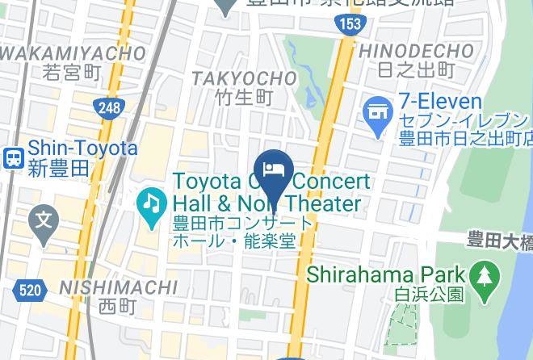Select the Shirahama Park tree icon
coord(485,274)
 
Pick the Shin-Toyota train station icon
coord(12,157)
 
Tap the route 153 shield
coord(350,24)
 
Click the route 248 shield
coord(107,107)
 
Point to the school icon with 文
coord(43,219)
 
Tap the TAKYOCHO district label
coord(244,78)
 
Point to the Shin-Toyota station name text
coord(82,149)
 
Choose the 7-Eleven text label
coord(439,103)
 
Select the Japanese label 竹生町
coord(244,98)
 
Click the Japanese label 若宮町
coord(73,73)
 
